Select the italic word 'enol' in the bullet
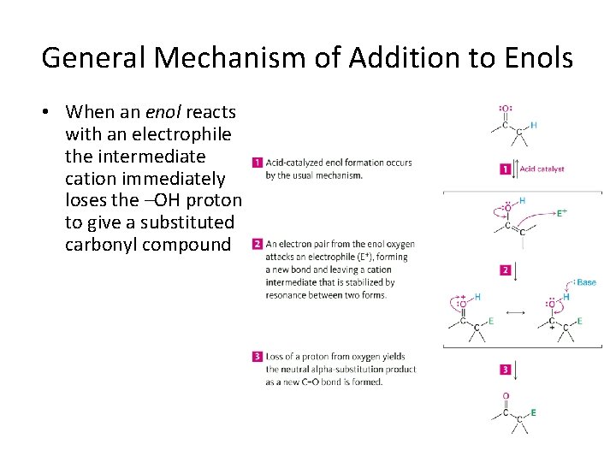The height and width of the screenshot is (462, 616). pyautogui.click(x=165, y=112)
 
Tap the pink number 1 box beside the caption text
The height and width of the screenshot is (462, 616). pyautogui.click(x=257, y=163)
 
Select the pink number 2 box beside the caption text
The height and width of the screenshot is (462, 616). pyautogui.click(x=257, y=244)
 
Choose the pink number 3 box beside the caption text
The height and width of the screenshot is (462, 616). pyautogui.click(x=257, y=356)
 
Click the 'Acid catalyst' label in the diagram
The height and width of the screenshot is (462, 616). pyautogui.click(x=542, y=169)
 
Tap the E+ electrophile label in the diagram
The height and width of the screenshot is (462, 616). pyautogui.click(x=562, y=213)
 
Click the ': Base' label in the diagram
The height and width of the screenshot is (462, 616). pyautogui.click(x=585, y=282)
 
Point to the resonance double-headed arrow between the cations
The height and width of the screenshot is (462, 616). pyautogui.click(x=515, y=312)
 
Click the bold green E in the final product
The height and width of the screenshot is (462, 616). pyautogui.click(x=534, y=412)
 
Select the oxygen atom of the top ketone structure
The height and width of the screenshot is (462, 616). pyautogui.click(x=505, y=109)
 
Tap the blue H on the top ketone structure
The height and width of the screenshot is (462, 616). pyautogui.click(x=534, y=125)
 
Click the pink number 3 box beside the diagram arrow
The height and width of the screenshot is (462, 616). pyautogui.click(x=506, y=370)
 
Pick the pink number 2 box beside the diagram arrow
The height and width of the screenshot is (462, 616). pyautogui.click(x=506, y=270)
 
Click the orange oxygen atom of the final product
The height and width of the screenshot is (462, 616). pyautogui.click(x=506, y=396)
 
